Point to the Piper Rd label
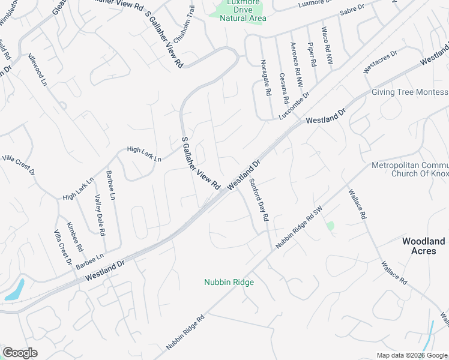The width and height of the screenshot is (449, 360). click(311, 54)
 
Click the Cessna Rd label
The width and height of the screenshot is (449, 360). click(283, 88)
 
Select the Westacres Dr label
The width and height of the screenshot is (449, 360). click(381, 63)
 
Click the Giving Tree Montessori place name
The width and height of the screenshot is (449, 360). click(410, 92)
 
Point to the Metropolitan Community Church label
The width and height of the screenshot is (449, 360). click(411, 169)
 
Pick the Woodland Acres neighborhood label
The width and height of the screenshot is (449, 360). click(423, 246)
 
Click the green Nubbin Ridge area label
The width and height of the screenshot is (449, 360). click(229, 282)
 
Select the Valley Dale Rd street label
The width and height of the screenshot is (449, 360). click(99, 215)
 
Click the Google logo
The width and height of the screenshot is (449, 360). click(20, 353)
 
